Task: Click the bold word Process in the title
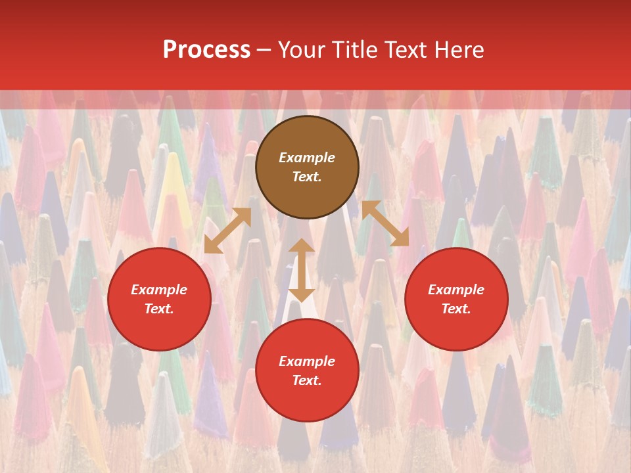(206, 50)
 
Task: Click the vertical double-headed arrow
(302, 270)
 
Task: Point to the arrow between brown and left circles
(227, 231)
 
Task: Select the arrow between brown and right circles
(385, 223)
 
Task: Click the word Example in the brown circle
(307, 158)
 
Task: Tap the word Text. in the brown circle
(307, 177)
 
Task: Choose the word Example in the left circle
(159, 290)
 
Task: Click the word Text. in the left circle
(159, 309)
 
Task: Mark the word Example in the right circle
(456, 290)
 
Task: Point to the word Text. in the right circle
(456, 309)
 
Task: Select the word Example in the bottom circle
(307, 361)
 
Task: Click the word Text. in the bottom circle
(307, 380)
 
